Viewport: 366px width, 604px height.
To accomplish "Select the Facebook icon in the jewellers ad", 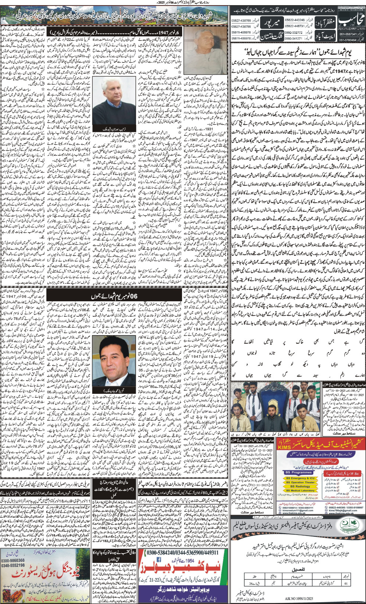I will click(x=159, y=559).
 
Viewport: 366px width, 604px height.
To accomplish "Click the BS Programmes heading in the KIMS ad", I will click(x=300, y=472).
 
